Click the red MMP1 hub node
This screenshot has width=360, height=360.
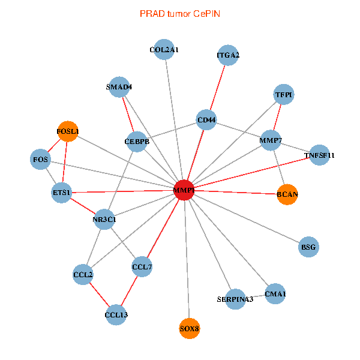click(x=184, y=190)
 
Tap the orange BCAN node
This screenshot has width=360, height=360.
click(x=287, y=194)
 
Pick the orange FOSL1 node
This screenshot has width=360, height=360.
click(x=68, y=131)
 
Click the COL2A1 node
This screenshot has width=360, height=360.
click(x=164, y=50)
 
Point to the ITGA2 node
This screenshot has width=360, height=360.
click(x=228, y=56)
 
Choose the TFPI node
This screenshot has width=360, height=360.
click(x=284, y=95)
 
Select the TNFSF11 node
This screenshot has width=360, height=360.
click(x=319, y=155)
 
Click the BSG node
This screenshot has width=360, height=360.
click(x=308, y=247)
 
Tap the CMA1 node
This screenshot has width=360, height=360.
click(x=275, y=293)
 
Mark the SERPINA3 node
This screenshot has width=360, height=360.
click(x=235, y=298)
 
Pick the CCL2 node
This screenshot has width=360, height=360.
click(x=83, y=275)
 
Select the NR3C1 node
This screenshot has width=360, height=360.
click(x=104, y=219)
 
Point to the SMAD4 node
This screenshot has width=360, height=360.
click(x=119, y=87)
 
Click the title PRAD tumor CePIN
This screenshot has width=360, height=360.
click(x=180, y=13)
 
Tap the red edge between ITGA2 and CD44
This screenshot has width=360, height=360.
click(x=217, y=88)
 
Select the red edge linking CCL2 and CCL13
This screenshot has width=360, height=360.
click(x=99, y=295)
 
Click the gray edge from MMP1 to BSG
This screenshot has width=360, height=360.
click(x=246, y=218)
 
